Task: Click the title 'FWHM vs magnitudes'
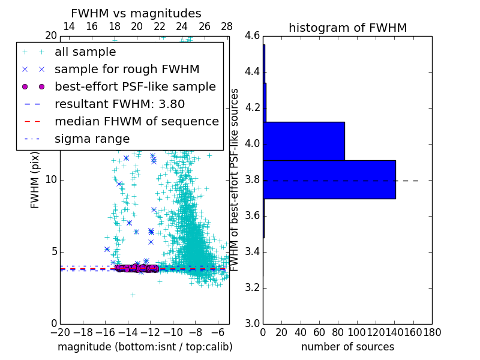[x=136, y=13]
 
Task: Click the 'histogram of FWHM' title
[x=347, y=28]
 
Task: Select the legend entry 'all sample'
[x=85, y=52]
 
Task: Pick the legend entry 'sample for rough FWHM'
[x=127, y=69]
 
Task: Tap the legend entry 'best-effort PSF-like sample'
[x=135, y=86]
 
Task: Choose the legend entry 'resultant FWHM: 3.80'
[x=119, y=104]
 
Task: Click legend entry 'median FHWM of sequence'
[x=136, y=121]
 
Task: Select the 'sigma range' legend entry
[x=92, y=139]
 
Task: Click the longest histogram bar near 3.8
[x=329, y=179]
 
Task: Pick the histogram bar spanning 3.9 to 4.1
[x=304, y=141]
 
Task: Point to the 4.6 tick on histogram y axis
[x=252, y=36]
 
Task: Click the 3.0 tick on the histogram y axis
[x=252, y=323]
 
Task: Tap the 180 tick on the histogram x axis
[x=432, y=332]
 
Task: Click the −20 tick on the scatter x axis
[x=60, y=332]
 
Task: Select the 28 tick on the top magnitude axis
[x=227, y=26]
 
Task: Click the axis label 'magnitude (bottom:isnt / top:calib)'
[x=145, y=347]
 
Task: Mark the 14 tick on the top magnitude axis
[x=69, y=26]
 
